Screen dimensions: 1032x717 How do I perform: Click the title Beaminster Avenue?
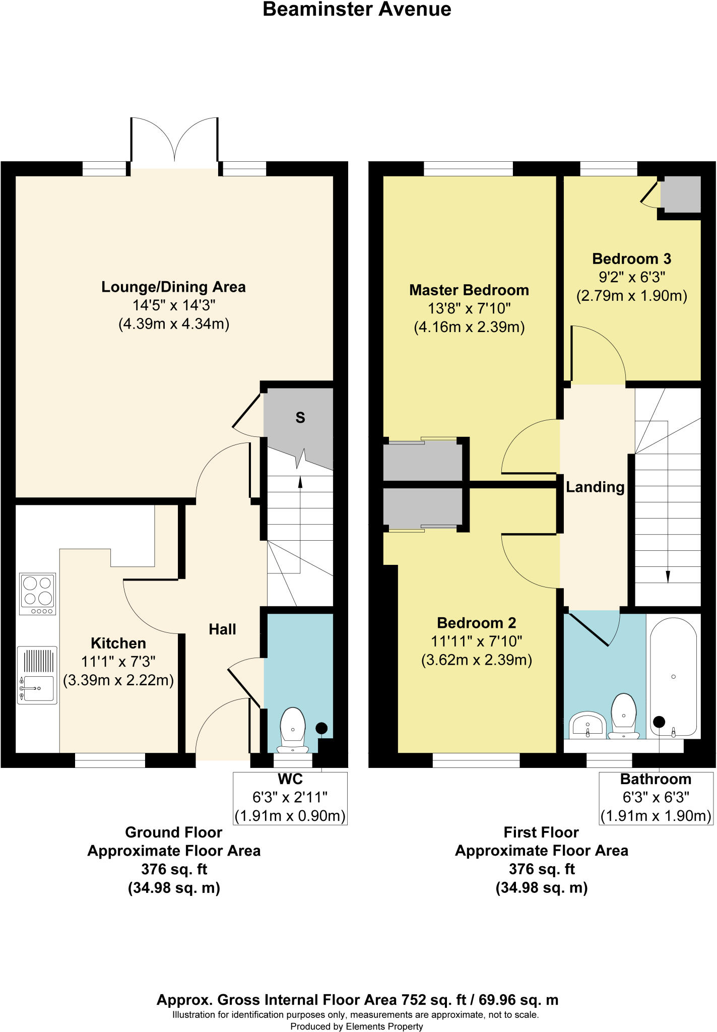coord(357,10)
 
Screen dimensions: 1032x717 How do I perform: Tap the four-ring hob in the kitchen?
coord(37,594)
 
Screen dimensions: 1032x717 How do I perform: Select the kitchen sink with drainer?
coord(37,675)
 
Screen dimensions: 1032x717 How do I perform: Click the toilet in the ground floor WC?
coord(293,729)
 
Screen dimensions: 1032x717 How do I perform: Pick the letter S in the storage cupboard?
coord(300,417)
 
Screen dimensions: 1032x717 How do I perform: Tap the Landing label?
coord(595,487)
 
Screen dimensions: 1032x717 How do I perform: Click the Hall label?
coord(222,629)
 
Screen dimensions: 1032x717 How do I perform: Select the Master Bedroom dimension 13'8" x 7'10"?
coord(469,308)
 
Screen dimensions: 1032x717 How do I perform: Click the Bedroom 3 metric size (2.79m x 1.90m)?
coord(631,295)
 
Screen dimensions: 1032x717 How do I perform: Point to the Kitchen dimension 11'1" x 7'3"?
coord(118,661)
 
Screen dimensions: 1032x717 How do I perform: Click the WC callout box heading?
coord(290,779)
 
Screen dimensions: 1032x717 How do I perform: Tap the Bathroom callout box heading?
coord(655,779)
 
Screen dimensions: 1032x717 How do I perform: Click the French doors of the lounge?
coord(174,141)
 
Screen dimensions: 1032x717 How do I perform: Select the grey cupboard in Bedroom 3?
coord(680,195)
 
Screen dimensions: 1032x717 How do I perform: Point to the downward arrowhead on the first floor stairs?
coord(668,577)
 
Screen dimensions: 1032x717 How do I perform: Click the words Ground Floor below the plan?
coord(173,832)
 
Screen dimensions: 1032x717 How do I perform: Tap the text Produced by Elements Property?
coord(357,1026)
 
